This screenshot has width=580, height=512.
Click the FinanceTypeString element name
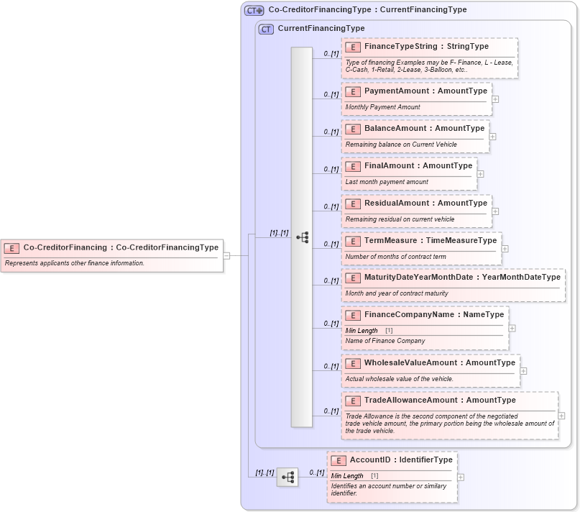425,47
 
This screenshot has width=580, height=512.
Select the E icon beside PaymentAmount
353,91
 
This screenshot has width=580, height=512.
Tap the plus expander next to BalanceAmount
492,137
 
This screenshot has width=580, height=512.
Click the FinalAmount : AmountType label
418,166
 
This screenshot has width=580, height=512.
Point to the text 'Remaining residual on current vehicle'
400,219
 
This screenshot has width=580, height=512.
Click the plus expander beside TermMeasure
505,249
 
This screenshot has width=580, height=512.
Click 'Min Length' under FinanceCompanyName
362,331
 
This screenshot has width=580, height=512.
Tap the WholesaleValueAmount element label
439,363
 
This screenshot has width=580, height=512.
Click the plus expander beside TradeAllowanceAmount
561,416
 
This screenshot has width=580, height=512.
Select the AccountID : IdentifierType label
401,460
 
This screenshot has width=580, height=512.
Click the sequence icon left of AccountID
287,477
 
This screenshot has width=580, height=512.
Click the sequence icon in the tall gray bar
302,237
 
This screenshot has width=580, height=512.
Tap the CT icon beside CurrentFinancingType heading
267,29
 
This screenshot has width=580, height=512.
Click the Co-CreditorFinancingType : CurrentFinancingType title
367,10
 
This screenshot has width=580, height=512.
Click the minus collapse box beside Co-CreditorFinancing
226,255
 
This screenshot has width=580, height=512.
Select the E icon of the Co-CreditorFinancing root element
11,247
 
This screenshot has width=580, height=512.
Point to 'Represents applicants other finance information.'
75,263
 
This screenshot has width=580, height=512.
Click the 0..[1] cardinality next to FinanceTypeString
331,53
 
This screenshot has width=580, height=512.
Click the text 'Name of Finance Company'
385,341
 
